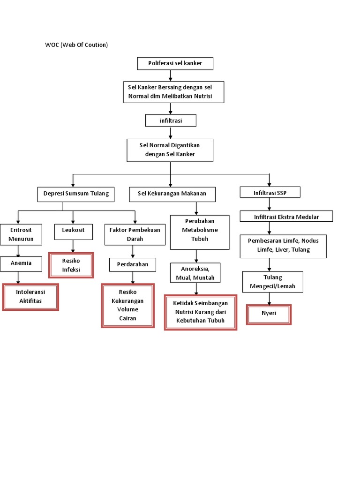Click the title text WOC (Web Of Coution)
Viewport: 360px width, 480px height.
coord(76,45)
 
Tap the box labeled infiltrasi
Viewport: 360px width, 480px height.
coord(171,120)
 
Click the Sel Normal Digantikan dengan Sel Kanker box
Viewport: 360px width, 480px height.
coord(170,150)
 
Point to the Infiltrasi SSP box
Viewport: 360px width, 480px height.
coord(270,192)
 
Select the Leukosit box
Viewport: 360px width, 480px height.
coord(73,230)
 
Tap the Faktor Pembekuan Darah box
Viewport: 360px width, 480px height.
coord(135,234)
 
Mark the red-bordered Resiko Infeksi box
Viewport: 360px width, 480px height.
coord(71,265)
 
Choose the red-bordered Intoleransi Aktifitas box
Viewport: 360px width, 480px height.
coord(30,297)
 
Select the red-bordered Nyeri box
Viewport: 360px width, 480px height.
coord(269,314)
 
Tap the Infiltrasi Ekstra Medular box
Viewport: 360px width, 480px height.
coord(286,216)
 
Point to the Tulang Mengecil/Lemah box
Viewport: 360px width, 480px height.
coord(273,282)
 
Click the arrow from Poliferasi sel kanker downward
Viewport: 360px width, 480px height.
coord(171,75)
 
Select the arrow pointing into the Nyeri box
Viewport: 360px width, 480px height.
coord(269,299)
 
